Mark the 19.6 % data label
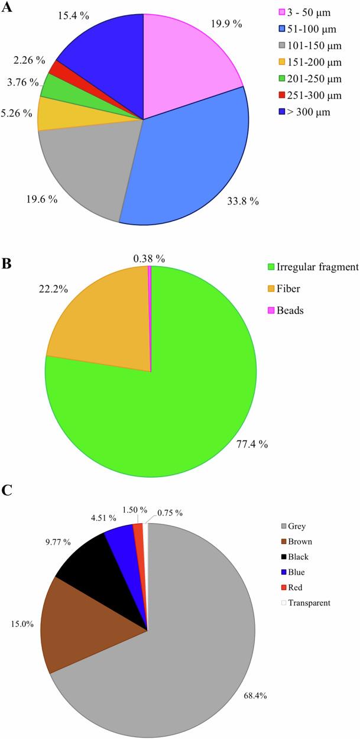[x=43, y=199]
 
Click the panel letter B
[x=8, y=264]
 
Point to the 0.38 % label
[x=149, y=258]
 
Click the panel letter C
[x=8, y=490]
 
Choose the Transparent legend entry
[x=305, y=602]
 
